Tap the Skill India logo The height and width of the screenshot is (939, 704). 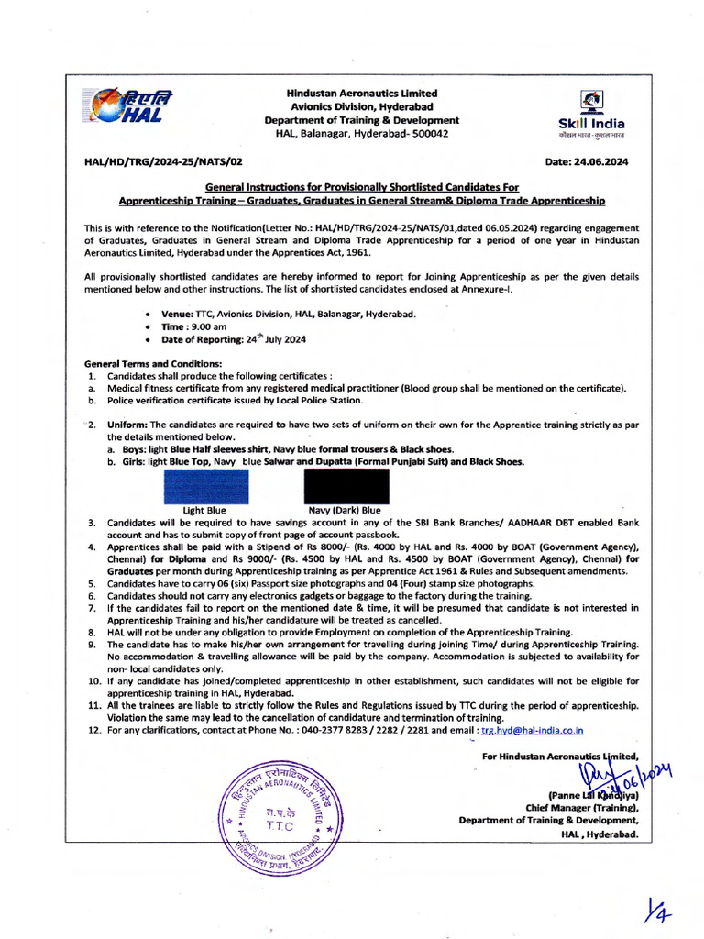592,114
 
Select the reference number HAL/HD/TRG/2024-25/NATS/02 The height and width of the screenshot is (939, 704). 163,161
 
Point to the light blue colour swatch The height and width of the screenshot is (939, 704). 205,487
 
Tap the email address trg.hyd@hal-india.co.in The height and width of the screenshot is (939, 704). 532,730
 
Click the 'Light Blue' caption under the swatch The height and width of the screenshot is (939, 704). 204,511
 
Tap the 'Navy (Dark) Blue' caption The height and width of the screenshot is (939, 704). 345,511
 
